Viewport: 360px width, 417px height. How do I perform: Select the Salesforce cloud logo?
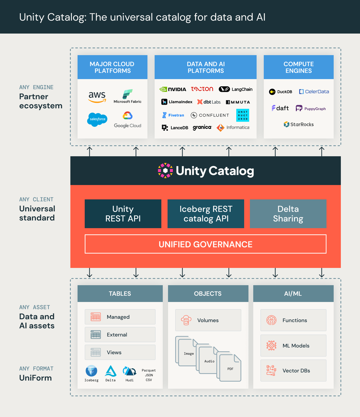click(x=97, y=119)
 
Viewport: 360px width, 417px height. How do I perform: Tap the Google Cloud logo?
click(x=128, y=120)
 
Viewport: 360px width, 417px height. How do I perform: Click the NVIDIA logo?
click(x=173, y=89)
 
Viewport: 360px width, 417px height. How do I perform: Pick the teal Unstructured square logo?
click(x=243, y=115)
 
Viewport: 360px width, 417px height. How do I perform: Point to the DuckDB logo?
click(x=281, y=92)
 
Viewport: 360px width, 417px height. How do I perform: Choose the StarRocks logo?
click(x=298, y=124)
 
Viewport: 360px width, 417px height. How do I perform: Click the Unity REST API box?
click(x=123, y=214)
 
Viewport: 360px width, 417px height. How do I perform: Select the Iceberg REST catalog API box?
click(x=206, y=214)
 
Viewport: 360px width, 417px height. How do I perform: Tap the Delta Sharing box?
click(x=288, y=214)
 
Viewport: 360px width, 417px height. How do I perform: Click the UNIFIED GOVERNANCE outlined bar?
click(x=205, y=244)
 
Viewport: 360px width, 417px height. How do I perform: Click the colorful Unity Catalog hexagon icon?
click(x=165, y=170)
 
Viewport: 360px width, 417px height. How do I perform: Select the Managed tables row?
click(x=120, y=317)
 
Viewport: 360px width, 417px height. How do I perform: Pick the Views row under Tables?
click(x=120, y=352)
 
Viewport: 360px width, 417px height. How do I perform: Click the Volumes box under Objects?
click(x=208, y=320)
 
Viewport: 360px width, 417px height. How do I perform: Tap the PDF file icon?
click(x=230, y=368)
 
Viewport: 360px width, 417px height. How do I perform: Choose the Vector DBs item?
click(x=293, y=371)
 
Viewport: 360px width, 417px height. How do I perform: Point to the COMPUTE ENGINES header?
click(x=298, y=67)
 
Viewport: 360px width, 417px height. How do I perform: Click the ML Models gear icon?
click(x=271, y=346)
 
